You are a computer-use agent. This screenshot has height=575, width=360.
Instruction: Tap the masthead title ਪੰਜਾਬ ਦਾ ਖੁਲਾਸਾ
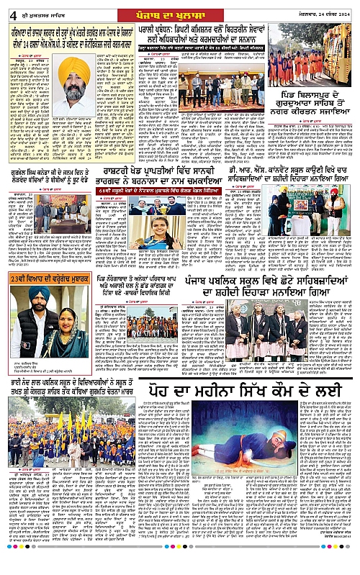tap(179, 10)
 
